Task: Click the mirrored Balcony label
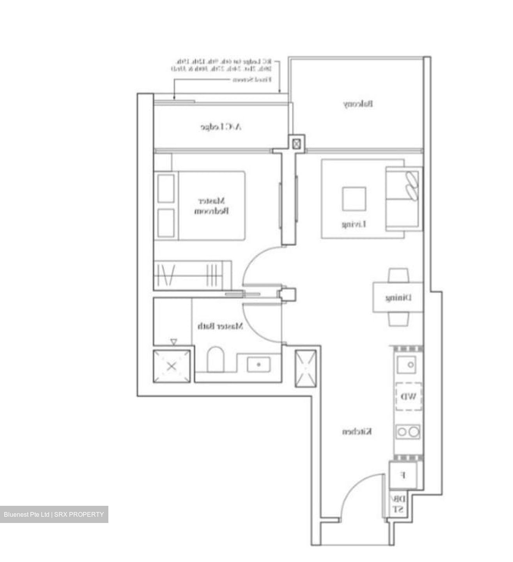click(x=358, y=104)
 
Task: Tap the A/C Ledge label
click(x=221, y=127)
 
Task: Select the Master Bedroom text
click(x=212, y=206)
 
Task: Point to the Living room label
click(x=354, y=224)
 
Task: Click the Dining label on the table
click(x=398, y=298)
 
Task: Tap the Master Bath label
click(x=220, y=326)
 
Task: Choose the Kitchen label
click(x=357, y=431)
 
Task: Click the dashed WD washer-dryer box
click(x=409, y=397)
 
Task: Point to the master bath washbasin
click(x=258, y=365)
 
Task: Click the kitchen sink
click(x=407, y=365)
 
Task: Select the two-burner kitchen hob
click(x=408, y=432)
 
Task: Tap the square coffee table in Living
click(x=354, y=199)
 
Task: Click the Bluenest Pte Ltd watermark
click(x=54, y=514)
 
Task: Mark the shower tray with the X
click(x=172, y=366)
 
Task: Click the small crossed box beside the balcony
click(x=297, y=144)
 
